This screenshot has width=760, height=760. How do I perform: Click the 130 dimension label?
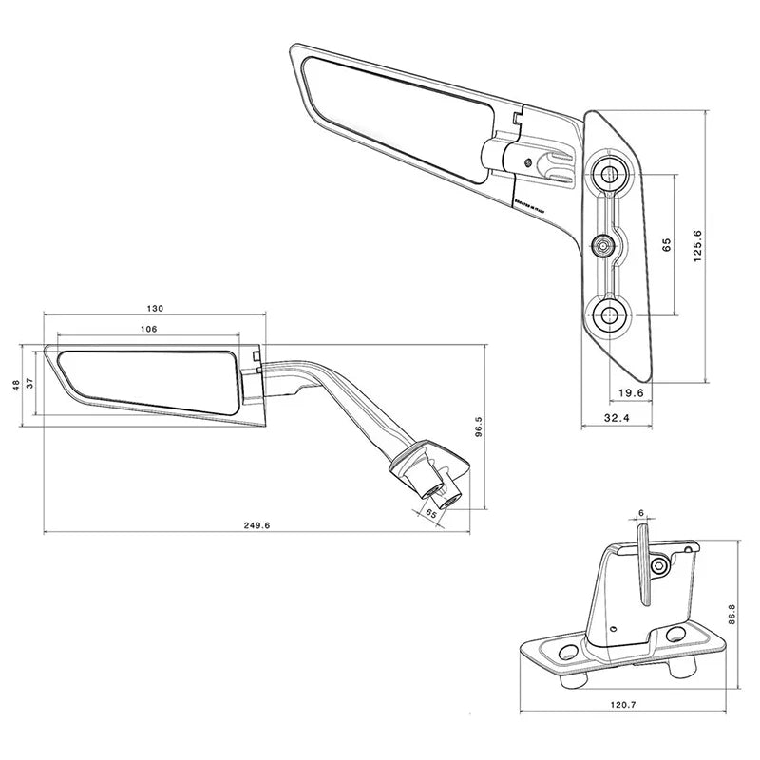(x=156, y=308)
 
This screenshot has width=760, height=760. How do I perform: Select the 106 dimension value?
(x=148, y=328)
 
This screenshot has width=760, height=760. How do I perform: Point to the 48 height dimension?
(x=16, y=385)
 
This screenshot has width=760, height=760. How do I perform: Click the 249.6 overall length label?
(x=257, y=525)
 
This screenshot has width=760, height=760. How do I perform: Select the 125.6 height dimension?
(x=697, y=246)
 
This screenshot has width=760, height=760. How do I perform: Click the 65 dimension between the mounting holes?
(x=667, y=244)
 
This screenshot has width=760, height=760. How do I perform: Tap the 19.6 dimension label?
(x=631, y=393)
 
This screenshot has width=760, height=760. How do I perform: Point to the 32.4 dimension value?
(x=616, y=419)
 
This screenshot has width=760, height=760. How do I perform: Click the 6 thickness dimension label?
(x=641, y=513)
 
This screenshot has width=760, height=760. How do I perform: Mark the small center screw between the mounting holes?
(x=602, y=246)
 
